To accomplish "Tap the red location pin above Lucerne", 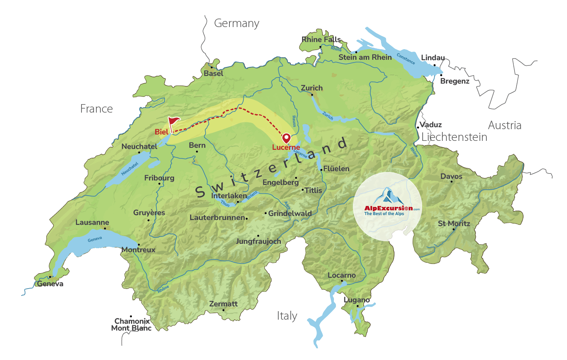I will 286,138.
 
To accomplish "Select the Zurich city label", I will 312,88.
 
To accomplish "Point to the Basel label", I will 213,73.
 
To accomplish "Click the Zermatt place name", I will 223,303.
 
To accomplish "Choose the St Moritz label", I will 454,223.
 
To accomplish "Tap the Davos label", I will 451,176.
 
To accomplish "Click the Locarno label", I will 342,275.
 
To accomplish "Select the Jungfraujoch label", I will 258,241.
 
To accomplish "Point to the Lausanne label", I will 92,222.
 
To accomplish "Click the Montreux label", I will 138,249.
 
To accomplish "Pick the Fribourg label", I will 159,178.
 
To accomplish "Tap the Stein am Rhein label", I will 365,57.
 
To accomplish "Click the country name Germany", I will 236,23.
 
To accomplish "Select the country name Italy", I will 287,316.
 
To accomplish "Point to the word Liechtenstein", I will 454,137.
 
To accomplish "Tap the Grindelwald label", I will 290,213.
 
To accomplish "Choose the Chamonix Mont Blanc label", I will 131,324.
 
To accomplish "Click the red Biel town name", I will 161,132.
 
